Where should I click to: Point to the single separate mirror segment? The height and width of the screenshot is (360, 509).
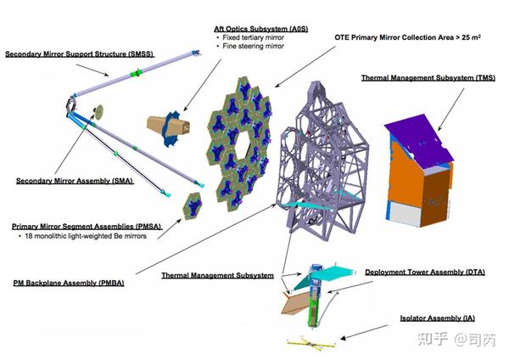point(193,204)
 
